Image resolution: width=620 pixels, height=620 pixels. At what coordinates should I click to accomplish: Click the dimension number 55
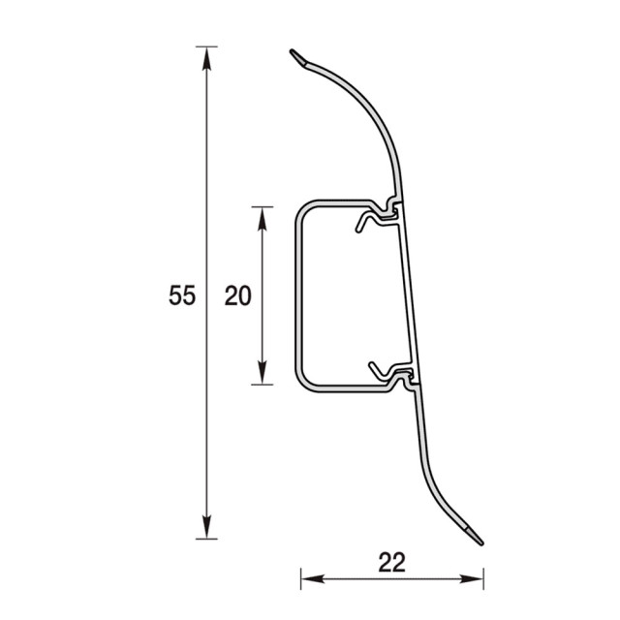click(182, 295)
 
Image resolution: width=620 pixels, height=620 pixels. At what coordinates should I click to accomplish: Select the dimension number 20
click(237, 295)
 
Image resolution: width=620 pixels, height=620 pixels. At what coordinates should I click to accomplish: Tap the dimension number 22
click(391, 561)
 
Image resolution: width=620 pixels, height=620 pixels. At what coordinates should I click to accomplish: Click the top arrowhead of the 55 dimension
click(205, 57)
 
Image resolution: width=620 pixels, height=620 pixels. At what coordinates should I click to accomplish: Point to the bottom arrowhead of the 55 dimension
click(205, 528)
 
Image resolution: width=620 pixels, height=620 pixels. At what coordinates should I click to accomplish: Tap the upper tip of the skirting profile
click(296, 56)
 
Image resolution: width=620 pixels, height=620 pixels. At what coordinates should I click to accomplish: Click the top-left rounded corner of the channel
click(302, 208)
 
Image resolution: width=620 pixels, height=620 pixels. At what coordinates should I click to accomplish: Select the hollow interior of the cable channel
click(344, 295)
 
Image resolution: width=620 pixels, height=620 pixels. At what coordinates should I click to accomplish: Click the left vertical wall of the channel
click(296, 295)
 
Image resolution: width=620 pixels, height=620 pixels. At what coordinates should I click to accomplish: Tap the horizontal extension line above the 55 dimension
click(205, 46)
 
